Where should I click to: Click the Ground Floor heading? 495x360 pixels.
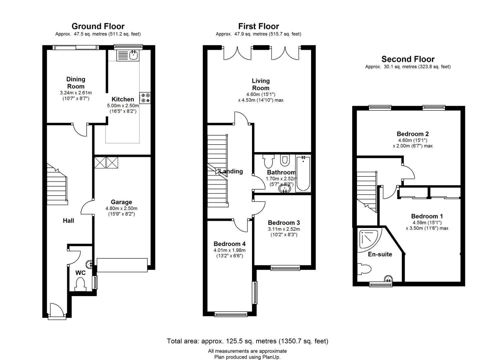click(x=98, y=26)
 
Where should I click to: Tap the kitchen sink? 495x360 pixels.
click(x=127, y=55)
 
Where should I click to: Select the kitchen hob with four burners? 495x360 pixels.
click(x=145, y=98)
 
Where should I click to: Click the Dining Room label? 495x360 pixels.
click(x=76, y=83)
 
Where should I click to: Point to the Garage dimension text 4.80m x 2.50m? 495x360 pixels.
click(x=121, y=208)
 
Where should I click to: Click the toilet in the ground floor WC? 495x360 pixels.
click(x=80, y=284)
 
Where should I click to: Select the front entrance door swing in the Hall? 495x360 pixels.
click(x=57, y=311)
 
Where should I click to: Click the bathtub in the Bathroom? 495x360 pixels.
click(x=303, y=173)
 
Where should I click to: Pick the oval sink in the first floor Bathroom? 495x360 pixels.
click(x=285, y=189)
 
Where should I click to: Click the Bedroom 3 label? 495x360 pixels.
click(x=284, y=223)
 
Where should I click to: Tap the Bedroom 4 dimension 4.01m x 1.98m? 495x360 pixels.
click(x=229, y=250)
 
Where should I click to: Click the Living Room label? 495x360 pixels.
click(x=261, y=84)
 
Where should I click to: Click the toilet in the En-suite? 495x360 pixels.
click(x=364, y=269)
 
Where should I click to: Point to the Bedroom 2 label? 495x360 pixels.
click(x=413, y=134)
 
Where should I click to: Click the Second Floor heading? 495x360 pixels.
click(x=408, y=59)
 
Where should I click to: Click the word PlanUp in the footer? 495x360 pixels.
click(x=271, y=357)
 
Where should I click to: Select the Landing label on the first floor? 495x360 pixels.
click(x=231, y=171)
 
